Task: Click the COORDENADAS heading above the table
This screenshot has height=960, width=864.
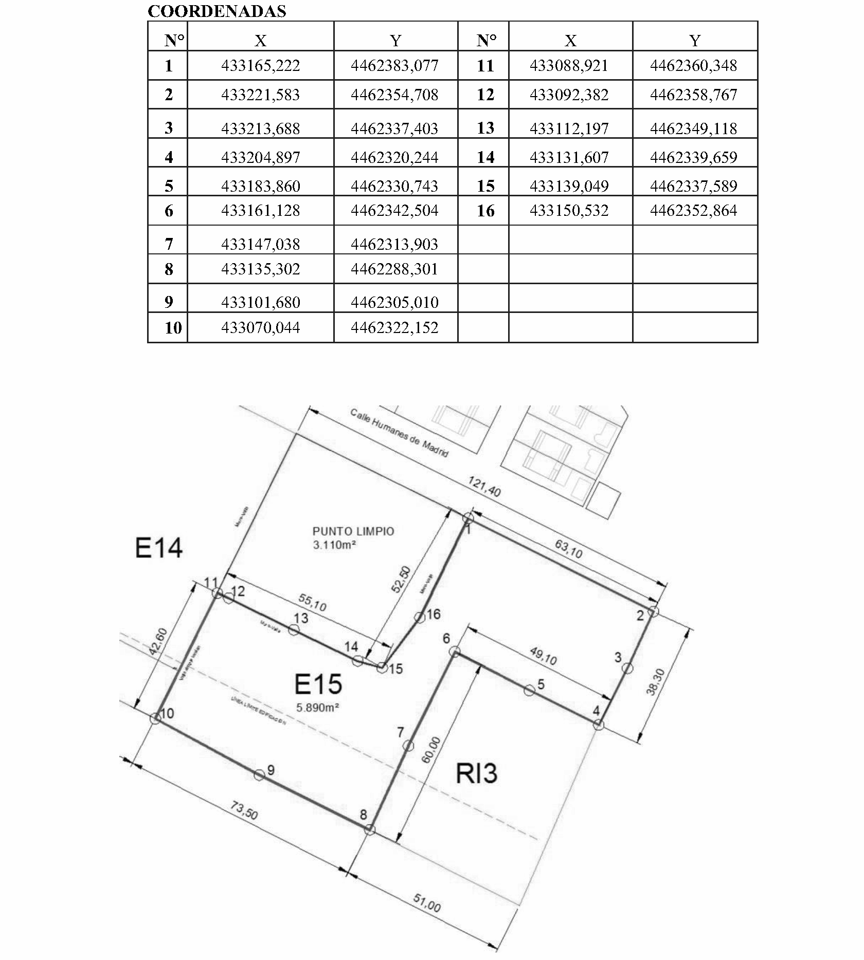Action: (217, 11)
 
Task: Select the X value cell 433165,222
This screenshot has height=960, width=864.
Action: (260, 66)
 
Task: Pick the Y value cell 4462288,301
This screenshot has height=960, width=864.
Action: (394, 269)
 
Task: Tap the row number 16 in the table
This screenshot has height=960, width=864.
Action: (485, 211)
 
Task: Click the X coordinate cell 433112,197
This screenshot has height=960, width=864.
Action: (569, 128)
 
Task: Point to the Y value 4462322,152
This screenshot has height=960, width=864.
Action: (394, 328)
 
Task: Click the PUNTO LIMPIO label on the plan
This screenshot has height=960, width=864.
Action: (353, 531)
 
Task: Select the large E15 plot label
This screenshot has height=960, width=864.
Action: (318, 685)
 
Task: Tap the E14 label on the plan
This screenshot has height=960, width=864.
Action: (158, 548)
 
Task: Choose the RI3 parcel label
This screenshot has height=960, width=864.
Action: (477, 774)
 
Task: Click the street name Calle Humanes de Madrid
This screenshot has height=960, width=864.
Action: (400, 432)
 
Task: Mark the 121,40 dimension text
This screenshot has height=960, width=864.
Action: (484, 486)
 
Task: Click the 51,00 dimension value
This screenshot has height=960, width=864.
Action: (427, 903)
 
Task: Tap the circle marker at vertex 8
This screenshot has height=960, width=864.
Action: (369, 829)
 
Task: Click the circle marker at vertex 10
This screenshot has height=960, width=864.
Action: (155, 718)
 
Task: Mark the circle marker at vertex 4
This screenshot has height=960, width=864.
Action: (598, 725)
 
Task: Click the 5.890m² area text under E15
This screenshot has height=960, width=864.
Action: (317, 708)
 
